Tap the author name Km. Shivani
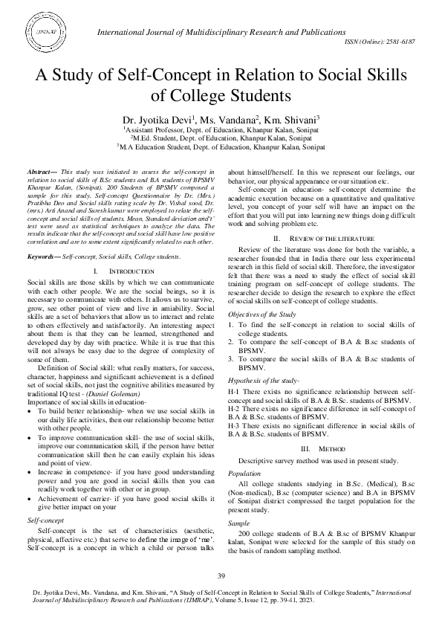293,118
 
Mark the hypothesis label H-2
233,408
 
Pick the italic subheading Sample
239,523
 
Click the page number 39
221,577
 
